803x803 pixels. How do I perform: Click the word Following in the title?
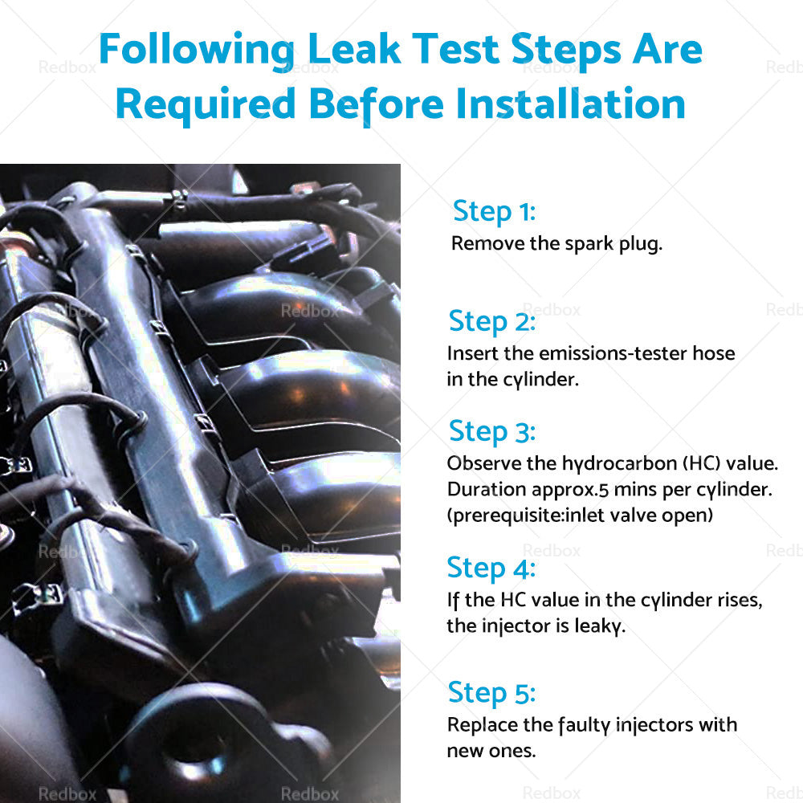coord(197,51)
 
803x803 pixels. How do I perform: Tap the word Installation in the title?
coord(570,104)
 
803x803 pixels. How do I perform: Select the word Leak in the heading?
coord(354,49)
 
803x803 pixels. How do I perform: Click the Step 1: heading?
coord(494,211)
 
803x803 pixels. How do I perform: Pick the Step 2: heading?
coord(492,322)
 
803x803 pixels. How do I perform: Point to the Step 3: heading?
coord(492,432)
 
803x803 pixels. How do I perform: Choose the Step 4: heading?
coord(491,569)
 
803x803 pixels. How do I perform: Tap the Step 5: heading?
coord(491,694)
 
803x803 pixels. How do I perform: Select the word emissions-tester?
coord(613,353)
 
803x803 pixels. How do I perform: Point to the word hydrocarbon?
coord(620,464)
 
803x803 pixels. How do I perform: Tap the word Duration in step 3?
coord(487,489)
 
